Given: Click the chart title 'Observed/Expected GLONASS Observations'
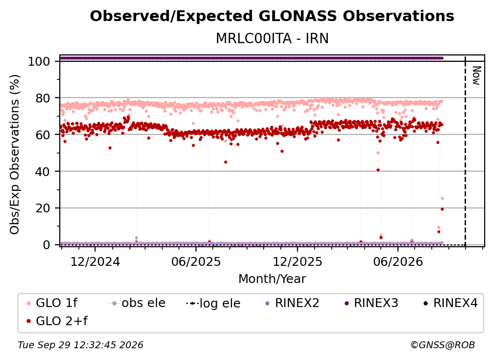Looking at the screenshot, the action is [272, 16].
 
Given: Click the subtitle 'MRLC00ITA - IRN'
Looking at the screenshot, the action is [272, 38].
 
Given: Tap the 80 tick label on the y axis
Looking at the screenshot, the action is [43, 99].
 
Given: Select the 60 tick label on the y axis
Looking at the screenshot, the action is [43, 135].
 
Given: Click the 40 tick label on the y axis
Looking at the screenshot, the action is [43, 172].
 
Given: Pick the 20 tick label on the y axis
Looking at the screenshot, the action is [43, 208].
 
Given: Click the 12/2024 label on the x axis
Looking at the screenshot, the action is [95, 261].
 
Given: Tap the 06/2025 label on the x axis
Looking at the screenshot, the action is [196, 261].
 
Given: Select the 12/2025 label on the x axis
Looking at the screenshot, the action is [297, 261].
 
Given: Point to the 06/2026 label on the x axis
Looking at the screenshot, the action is [398, 261].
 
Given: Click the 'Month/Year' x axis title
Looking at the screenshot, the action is [272, 279].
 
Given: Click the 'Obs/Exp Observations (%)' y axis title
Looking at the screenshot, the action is [15, 154].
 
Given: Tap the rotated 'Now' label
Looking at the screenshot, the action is [476, 76].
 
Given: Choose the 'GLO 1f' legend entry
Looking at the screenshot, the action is [52, 303].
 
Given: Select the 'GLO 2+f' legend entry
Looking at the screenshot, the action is [57, 321].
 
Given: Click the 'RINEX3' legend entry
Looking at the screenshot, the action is [371, 303].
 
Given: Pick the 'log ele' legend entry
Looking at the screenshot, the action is [213, 303].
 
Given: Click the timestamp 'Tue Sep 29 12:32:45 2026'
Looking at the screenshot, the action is [80, 345].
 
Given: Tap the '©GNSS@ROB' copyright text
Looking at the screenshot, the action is [443, 345].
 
